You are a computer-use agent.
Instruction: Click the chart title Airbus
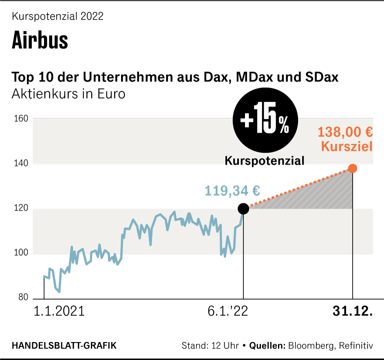click(x=40, y=40)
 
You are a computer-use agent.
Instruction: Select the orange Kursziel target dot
click(x=353, y=168)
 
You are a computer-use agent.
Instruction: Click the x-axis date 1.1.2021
click(x=59, y=312)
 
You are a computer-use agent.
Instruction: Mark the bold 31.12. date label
click(x=353, y=312)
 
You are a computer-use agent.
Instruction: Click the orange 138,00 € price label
click(x=345, y=132)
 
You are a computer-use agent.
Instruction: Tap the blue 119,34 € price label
click(x=232, y=190)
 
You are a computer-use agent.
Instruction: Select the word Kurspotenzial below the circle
click(x=265, y=161)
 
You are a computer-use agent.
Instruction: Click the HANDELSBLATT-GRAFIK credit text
click(x=64, y=346)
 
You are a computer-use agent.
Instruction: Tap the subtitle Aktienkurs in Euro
click(x=68, y=94)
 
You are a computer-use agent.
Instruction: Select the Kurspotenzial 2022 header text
click(x=58, y=17)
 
